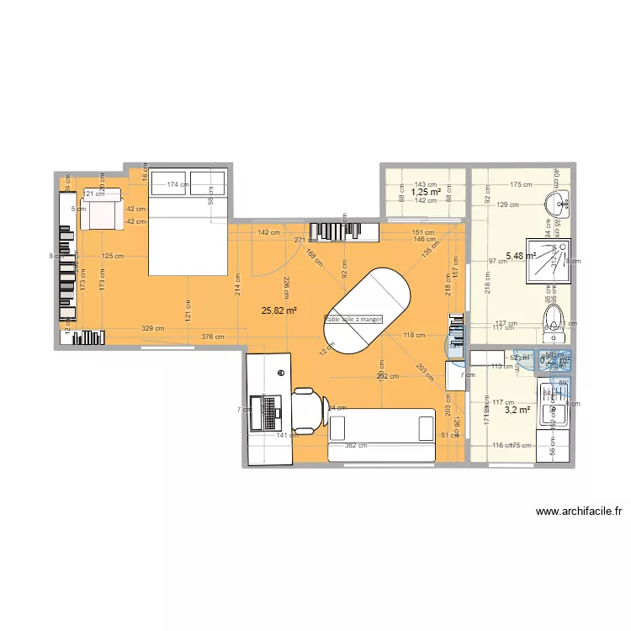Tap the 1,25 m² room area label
click(x=425, y=192)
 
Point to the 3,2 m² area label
click(x=516, y=410)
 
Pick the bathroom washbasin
click(x=558, y=203)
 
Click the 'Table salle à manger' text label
click(x=353, y=320)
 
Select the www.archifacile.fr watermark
click(x=577, y=511)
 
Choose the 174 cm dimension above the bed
click(x=177, y=184)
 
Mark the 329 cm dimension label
click(x=152, y=329)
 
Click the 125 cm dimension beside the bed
click(x=113, y=256)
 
